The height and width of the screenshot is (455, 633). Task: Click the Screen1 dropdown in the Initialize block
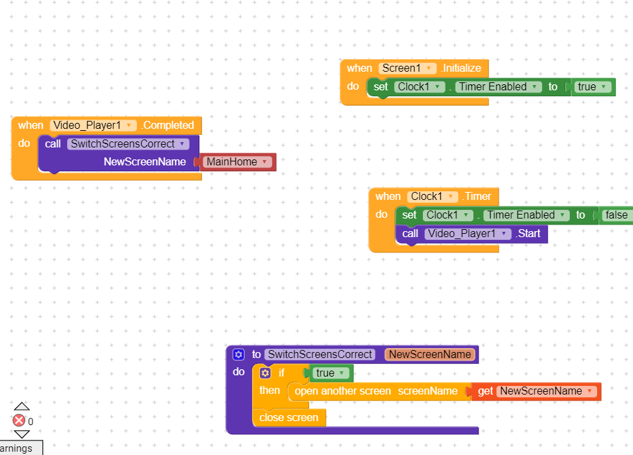tap(408, 68)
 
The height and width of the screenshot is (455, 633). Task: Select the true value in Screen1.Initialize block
tap(592, 87)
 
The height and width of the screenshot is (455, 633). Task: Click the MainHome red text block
tap(237, 162)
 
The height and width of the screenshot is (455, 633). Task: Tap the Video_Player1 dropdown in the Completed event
tap(93, 126)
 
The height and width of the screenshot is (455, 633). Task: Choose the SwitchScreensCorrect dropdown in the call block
tap(128, 144)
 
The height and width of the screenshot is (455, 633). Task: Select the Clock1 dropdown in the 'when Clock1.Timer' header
tap(432, 197)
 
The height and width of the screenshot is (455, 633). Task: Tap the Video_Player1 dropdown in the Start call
tap(468, 234)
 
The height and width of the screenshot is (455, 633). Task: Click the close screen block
tap(289, 418)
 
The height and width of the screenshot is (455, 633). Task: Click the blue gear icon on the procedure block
tap(239, 355)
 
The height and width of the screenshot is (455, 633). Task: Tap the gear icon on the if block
tap(265, 373)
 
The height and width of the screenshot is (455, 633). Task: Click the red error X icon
tap(19, 420)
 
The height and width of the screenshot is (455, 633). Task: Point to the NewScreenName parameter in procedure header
tap(430, 355)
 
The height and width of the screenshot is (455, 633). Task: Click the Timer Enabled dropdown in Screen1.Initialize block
tap(499, 87)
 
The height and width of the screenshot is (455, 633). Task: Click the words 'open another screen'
tap(342, 391)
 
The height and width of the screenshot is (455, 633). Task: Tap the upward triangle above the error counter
tap(22, 407)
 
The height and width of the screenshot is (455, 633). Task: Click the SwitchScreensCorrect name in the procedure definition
tap(320, 355)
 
